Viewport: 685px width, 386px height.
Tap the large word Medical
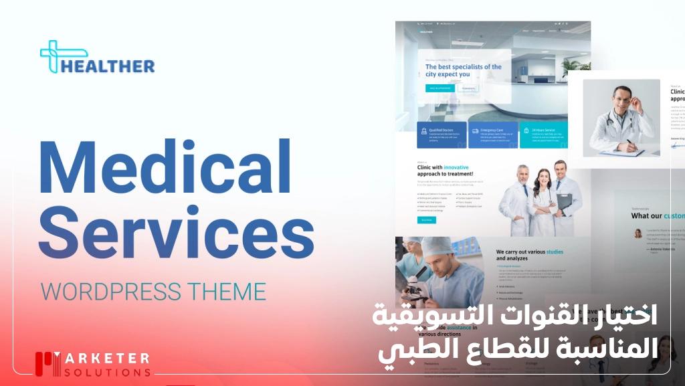click(x=165, y=168)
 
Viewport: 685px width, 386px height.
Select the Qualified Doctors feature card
click(x=442, y=134)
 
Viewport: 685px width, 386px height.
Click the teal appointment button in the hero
click(x=439, y=88)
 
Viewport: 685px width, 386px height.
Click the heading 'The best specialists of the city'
click(x=463, y=70)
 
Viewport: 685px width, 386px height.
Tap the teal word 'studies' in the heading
click(x=553, y=252)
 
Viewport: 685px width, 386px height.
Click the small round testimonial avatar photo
click(x=638, y=233)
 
